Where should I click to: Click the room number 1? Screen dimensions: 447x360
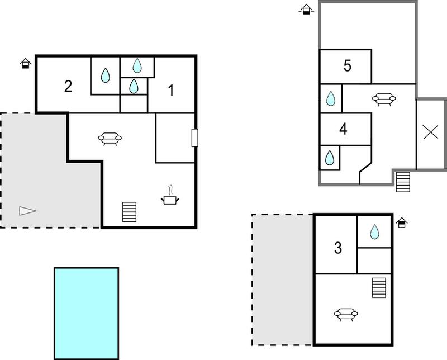pos(171,90)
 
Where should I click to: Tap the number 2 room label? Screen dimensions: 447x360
pos(68,86)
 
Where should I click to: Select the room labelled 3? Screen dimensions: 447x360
pos(338,248)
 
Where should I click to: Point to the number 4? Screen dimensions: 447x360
pos(343,129)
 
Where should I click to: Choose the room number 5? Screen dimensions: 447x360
pos(347,65)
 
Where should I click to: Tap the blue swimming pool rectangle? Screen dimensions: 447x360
pos(87,313)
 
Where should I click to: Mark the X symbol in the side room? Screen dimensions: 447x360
pos(430,132)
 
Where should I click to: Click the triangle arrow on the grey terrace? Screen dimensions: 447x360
pos(27,211)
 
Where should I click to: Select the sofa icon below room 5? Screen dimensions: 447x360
pos(384,99)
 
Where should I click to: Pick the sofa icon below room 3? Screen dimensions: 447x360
pos(346,314)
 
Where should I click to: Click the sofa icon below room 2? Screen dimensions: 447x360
pos(110,139)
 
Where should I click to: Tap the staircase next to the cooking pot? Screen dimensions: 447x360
pos(130,212)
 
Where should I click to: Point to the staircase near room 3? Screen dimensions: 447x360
pos(379,288)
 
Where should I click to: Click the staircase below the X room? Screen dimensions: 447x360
pos(403,182)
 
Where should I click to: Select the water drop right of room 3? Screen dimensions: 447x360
pos(374,231)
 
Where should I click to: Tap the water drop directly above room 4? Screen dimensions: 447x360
pos(330,98)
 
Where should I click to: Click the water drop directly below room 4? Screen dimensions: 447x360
pos(330,158)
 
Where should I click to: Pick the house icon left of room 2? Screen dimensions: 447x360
pos(26,63)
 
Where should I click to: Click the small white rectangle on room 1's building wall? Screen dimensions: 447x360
pos(194,138)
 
